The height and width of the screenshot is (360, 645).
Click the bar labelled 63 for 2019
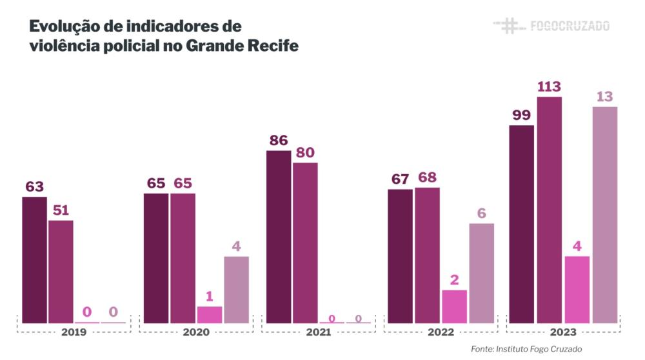point(34,259)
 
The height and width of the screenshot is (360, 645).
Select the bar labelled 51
point(61,271)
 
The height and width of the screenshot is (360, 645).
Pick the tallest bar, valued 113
point(549,210)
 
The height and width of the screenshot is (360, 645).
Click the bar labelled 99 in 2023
point(521,224)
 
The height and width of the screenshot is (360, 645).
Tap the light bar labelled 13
point(604,214)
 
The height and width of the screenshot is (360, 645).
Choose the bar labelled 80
point(305,243)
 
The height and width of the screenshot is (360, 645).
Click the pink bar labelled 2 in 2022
point(454,306)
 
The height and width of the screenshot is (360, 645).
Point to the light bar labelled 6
point(481,273)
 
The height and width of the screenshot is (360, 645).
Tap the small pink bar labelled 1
point(210,314)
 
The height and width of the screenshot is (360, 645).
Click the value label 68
point(427,177)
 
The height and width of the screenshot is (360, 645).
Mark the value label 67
point(400,179)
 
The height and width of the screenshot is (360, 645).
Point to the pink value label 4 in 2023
point(577,246)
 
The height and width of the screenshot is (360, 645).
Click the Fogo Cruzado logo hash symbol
point(508,26)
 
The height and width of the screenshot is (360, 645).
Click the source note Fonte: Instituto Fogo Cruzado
point(526,349)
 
